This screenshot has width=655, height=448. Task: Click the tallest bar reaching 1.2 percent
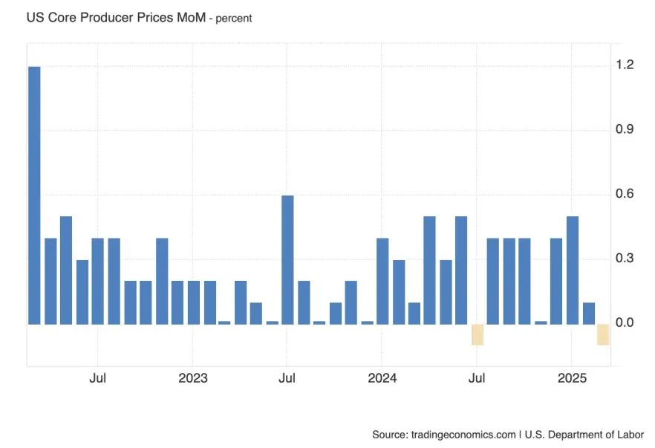(x=34, y=195)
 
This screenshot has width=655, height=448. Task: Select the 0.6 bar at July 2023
(x=287, y=259)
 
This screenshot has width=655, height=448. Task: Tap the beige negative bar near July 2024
(x=477, y=334)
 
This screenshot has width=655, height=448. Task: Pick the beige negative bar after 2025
(x=603, y=334)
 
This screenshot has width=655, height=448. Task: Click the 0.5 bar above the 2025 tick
(x=572, y=270)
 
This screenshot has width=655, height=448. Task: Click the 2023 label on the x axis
(x=192, y=378)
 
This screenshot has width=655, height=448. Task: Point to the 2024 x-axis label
(x=382, y=378)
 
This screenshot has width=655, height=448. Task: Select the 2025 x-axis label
(x=572, y=378)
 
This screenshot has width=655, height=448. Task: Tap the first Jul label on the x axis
(x=97, y=378)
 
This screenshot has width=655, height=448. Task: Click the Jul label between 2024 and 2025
(x=477, y=378)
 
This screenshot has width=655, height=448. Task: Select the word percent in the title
(x=234, y=19)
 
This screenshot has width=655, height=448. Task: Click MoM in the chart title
(x=190, y=17)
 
